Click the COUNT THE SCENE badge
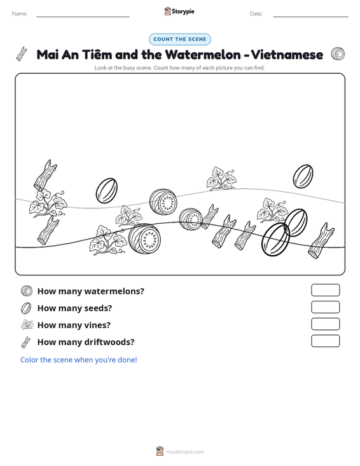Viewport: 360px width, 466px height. (180, 39)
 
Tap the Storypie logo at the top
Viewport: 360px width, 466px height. (179, 11)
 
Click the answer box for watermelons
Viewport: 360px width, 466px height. (325, 290)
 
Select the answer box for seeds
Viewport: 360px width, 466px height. (325, 307)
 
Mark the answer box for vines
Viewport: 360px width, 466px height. (325, 324)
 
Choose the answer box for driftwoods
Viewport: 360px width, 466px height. (325, 341)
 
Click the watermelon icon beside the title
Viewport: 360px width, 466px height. (338, 54)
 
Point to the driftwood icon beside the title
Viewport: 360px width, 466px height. (22, 54)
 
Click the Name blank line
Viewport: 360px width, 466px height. (83, 17)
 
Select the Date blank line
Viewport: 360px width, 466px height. (310, 17)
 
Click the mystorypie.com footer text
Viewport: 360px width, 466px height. (185, 452)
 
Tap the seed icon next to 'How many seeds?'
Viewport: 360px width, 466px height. (26, 308)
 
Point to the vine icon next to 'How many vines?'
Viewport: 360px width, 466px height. (27, 325)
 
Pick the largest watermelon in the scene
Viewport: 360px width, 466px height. (144, 238)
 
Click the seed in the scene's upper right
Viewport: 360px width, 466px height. (303, 176)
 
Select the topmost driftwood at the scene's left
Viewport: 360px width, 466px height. (45, 175)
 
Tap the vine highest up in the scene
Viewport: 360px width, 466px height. (221, 179)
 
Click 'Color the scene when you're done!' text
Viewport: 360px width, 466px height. (78, 360)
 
